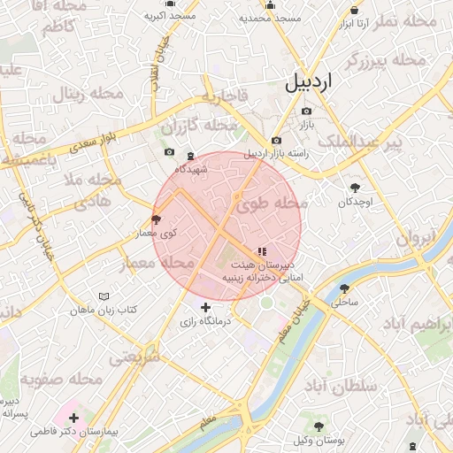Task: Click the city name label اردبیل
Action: coord(310,83)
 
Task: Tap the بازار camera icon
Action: coord(306,111)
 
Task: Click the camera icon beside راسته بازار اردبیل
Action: coord(276,141)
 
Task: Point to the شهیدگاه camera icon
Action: coord(169,153)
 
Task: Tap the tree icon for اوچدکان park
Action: coord(356,188)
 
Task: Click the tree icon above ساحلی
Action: coord(344,288)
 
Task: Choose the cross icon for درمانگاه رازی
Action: coord(206,307)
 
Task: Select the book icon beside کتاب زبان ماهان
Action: coord(104,296)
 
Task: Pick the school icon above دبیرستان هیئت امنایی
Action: coord(260,251)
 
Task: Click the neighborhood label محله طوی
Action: coord(272,204)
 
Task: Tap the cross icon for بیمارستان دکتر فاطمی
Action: coord(73,418)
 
